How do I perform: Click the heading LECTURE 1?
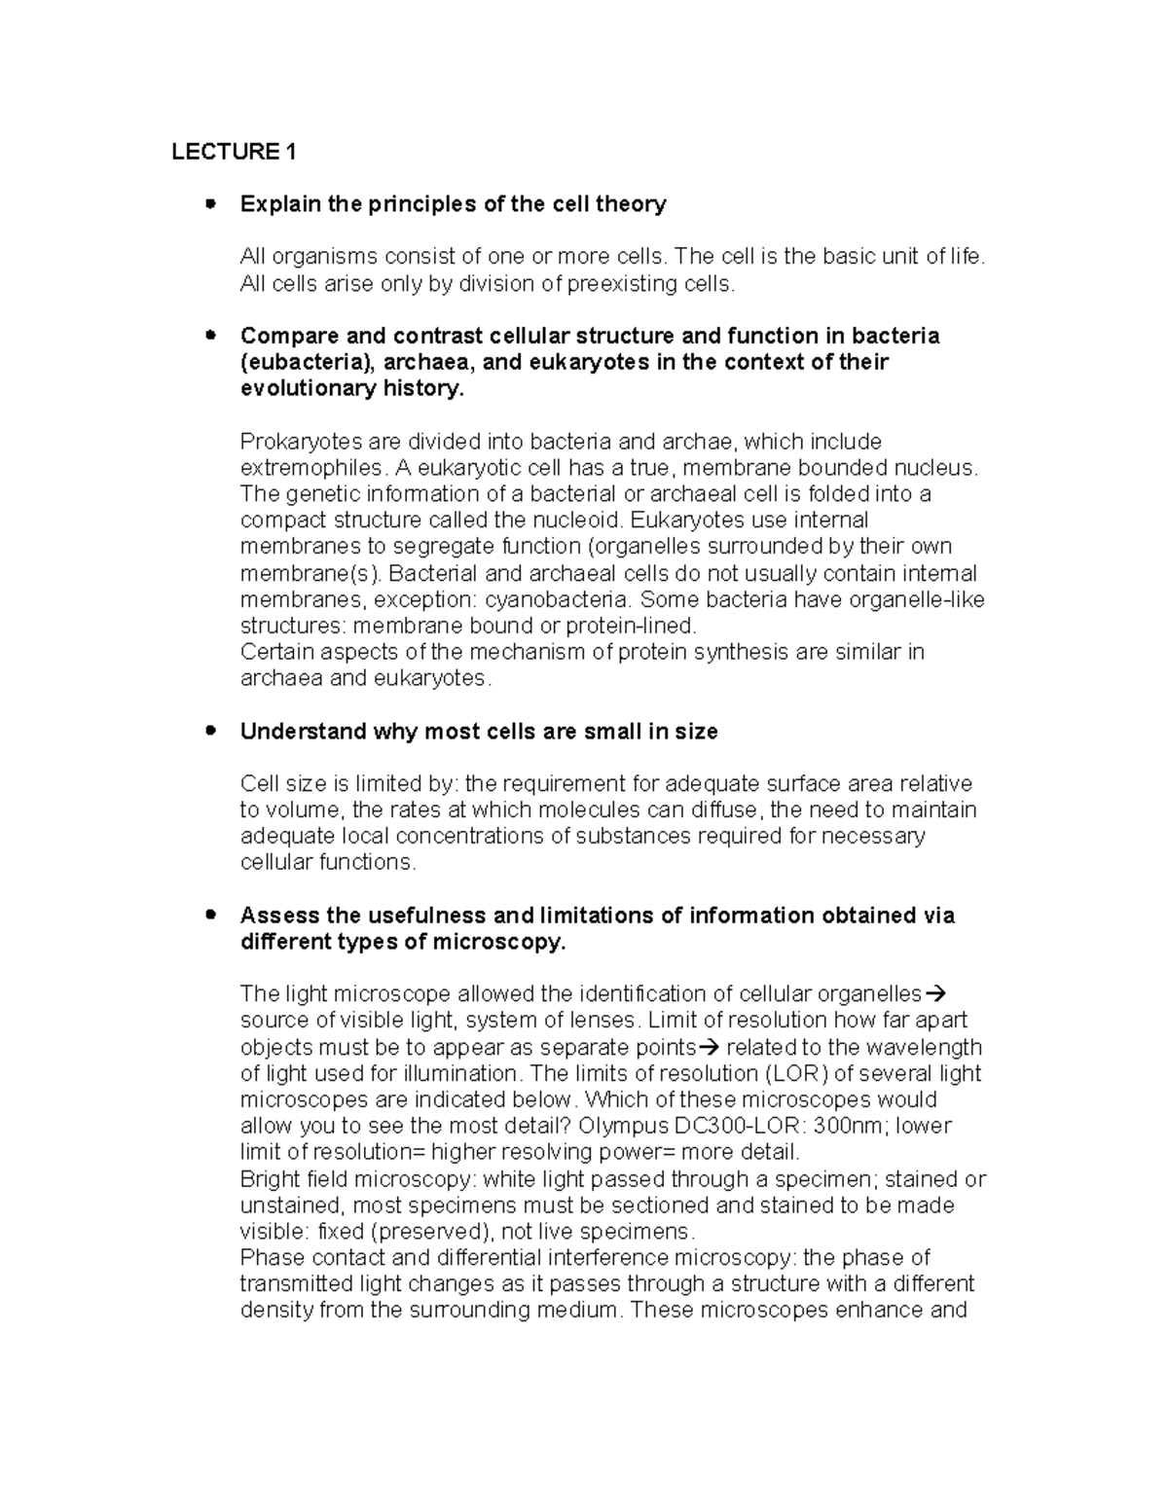click(234, 152)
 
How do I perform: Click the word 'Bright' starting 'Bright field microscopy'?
click(268, 1179)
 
